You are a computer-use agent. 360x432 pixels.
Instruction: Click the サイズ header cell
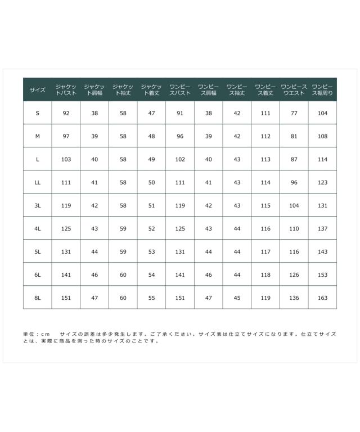(x=38, y=89)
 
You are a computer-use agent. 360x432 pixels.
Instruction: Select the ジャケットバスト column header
(x=66, y=89)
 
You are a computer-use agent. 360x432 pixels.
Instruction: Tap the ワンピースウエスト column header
(x=294, y=89)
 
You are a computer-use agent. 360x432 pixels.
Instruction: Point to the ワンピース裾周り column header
(x=322, y=89)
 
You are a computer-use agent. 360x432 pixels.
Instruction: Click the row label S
(x=38, y=113)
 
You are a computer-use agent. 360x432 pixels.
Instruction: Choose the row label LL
(x=38, y=182)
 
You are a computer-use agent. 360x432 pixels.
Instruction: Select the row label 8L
(x=38, y=298)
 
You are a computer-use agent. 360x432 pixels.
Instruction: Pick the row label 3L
(x=38, y=205)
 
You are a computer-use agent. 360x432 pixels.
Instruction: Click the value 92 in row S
(x=66, y=113)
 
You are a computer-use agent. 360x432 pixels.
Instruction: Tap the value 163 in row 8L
(x=322, y=298)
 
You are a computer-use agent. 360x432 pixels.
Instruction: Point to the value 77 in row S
(x=294, y=113)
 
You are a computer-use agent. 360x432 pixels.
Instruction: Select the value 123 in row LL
(x=322, y=182)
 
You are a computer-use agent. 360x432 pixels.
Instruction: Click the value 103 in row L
(x=66, y=159)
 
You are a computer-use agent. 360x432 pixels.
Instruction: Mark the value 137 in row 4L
(x=322, y=228)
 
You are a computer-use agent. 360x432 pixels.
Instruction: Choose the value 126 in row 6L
(x=294, y=274)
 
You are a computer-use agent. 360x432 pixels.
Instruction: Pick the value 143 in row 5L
(x=322, y=251)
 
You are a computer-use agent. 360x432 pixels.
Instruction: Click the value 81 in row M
(x=294, y=136)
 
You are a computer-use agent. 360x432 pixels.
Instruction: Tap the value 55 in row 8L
(x=151, y=298)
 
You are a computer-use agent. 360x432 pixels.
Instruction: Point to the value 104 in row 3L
(x=294, y=205)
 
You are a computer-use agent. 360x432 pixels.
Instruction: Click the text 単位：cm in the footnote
(x=37, y=334)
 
